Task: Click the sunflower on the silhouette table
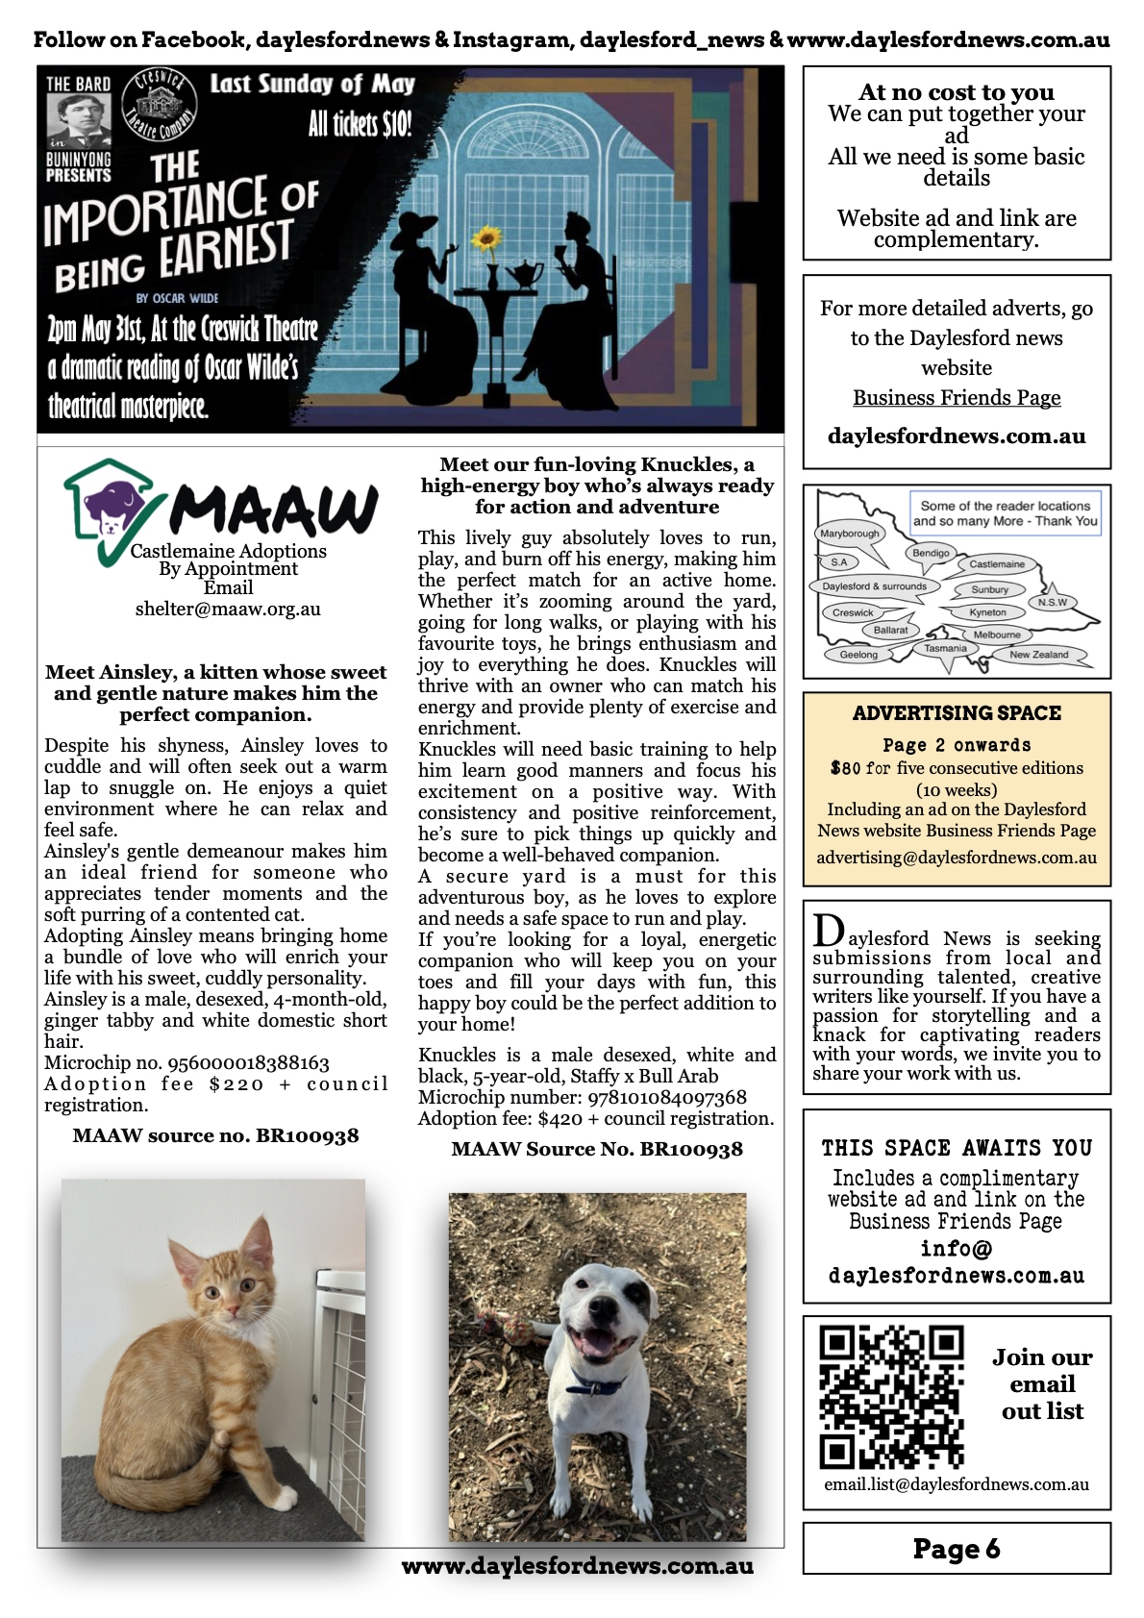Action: pos(489,237)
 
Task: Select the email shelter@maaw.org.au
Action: pos(228,609)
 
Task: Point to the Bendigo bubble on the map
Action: pos(931,553)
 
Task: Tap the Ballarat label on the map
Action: pos(890,630)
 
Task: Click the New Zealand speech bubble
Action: pos(1038,655)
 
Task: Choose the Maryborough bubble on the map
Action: pos(850,534)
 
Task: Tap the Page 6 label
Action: pos(957,1549)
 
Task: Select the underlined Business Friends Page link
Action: pos(957,397)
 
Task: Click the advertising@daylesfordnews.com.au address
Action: pos(957,858)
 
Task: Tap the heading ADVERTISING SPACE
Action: pos(957,713)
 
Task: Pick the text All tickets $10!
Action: pos(360,124)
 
